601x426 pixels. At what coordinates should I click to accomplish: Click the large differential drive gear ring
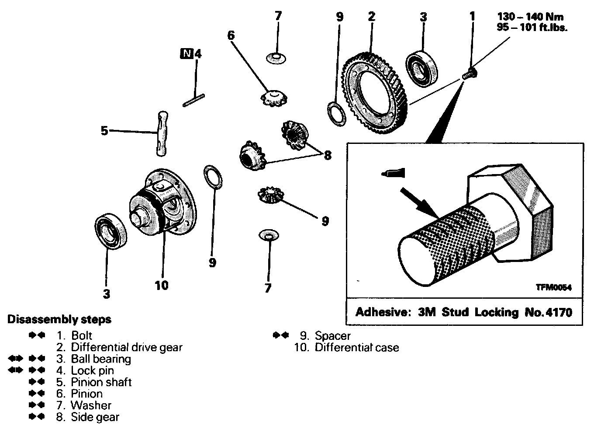376,94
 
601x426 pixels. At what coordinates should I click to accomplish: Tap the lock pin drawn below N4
194,101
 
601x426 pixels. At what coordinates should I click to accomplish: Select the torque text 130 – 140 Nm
530,17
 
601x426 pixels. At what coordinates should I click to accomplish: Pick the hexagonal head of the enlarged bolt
524,206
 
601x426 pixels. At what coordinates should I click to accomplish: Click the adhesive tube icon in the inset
393,173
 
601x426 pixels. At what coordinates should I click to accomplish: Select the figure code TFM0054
553,287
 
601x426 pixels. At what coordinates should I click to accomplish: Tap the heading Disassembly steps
59,319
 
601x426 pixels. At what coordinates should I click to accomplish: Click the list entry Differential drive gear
127,347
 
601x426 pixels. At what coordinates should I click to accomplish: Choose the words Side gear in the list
95,417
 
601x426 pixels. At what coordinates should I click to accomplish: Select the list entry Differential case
357,347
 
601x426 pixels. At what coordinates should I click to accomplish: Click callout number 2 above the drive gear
372,17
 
